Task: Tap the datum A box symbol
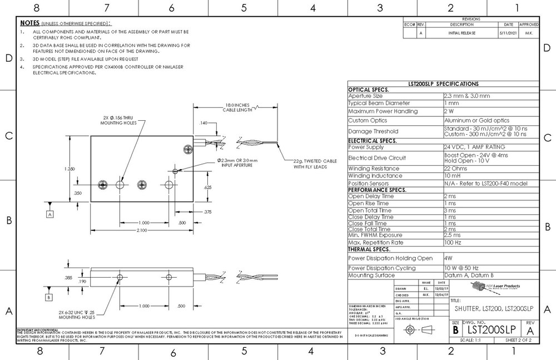coord(50,214)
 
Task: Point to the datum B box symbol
coord(49,297)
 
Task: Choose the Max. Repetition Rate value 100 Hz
coord(453,243)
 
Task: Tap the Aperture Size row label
coord(365,96)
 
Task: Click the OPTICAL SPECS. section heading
coord(368,90)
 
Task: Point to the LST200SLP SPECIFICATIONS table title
coord(443,83)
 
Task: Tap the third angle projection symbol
coord(417,330)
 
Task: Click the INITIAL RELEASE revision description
coord(461,33)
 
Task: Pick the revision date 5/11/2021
coord(508,33)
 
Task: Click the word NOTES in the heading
coord(29,23)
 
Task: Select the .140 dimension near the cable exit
coord(203,122)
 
